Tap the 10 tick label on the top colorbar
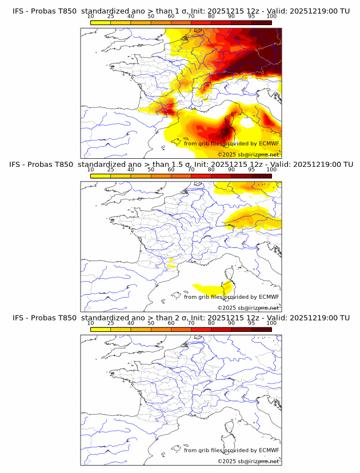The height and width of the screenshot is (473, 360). (x=91, y=17)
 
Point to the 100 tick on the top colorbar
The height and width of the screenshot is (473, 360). (x=271, y=17)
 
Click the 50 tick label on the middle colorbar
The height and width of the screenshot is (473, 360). (x=151, y=170)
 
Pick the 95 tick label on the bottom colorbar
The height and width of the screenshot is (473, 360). (x=251, y=323)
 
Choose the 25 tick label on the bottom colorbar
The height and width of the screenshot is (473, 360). (x=111, y=323)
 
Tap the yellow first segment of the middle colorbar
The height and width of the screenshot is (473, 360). (x=101, y=176)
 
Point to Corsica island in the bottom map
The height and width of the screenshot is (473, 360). (x=227, y=440)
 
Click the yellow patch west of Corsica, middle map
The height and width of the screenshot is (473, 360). (x=209, y=287)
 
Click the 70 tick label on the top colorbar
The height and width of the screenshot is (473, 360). (x=191, y=17)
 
